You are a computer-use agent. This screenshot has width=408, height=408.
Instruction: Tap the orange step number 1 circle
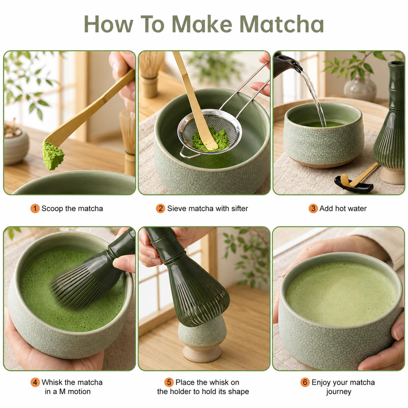[35, 209]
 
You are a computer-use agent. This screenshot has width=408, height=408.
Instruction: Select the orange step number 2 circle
[160, 209]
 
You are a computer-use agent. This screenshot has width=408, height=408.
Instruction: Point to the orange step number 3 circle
[313, 209]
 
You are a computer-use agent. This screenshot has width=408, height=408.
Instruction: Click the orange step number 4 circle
[35, 382]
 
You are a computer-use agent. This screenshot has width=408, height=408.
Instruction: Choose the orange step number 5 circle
[169, 382]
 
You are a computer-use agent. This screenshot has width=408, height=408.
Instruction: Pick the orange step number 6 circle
[305, 382]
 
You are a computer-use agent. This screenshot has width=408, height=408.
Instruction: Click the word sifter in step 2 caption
[239, 209]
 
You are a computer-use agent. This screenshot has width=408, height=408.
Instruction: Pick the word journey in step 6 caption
[339, 392]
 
